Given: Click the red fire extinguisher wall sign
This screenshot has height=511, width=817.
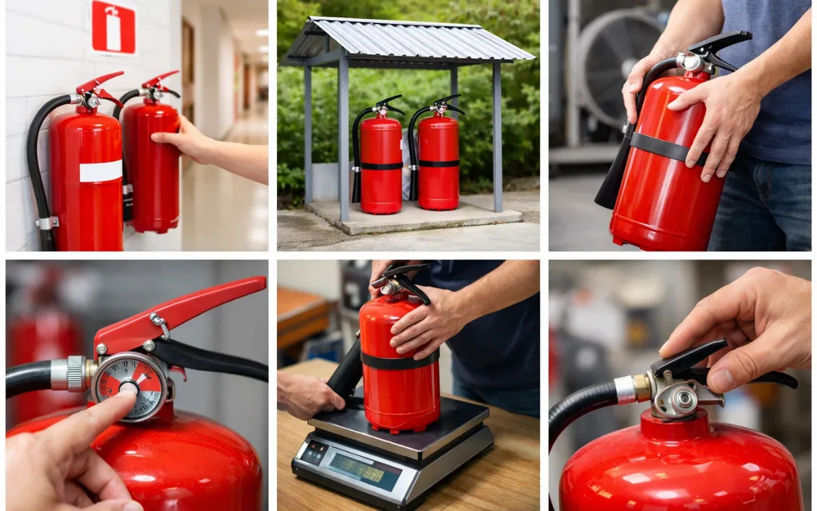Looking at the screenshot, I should click(x=113, y=27).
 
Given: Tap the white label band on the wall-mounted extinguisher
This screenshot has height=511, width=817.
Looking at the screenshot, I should click(x=101, y=171).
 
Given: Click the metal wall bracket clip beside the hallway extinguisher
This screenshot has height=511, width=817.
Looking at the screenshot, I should click(x=47, y=223).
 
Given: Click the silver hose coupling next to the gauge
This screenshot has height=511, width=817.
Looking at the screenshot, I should click(x=69, y=373).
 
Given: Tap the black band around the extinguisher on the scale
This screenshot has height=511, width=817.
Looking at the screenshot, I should click(x=400, y=360).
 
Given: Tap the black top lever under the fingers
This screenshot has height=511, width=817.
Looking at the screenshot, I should click(x=688, y=358).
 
